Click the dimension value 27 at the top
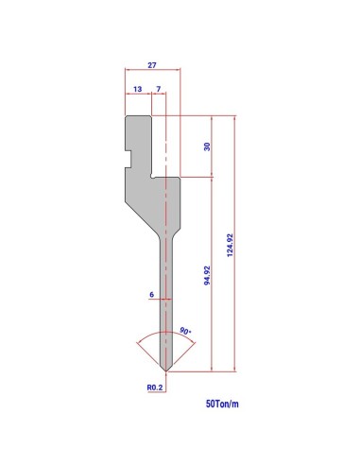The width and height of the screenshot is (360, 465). [152, 65]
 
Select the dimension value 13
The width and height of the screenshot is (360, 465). [137, 89]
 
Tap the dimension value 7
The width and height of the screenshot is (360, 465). [159, 89]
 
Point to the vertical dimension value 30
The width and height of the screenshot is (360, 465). [207, 146]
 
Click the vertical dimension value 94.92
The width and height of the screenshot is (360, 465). [207, 275]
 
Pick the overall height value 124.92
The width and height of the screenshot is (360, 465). [231, 245]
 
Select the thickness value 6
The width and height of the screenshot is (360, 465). [152, 295]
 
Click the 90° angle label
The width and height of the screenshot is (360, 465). [185, 331]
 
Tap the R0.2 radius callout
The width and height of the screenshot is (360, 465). [155, 387]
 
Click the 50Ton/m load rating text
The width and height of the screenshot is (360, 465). [222, 404]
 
